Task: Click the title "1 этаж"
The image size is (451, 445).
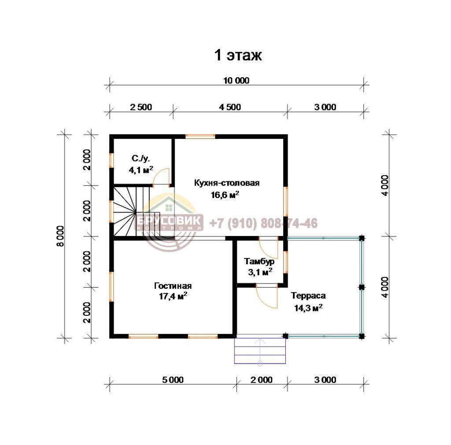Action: [x=238, y=55]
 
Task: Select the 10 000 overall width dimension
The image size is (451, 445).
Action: [x=237, y=81]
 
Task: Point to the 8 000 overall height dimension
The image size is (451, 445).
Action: [x=60, y=236]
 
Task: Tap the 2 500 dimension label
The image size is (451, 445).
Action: [x=141, y=107]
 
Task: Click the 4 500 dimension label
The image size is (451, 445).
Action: [x=230, y=107]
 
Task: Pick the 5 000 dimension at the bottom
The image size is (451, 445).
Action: [x=173, y=380]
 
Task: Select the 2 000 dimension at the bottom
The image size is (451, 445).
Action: [x=262, y=380]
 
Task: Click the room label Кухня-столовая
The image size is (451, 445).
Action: [x=227, y=183]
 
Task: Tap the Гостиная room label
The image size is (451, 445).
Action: [x=173, y=286]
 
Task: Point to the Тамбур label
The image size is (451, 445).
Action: [x=259, y=261]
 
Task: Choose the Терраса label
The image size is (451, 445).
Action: [x=308, y=295]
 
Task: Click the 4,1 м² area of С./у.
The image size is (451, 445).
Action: [x=141, y=170]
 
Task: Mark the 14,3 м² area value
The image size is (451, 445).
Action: [x=308, y=307]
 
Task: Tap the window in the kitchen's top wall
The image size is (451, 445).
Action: [x=200, y=136]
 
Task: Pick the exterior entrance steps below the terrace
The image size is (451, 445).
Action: [x=260, y=351]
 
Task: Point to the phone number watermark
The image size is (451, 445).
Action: [x=263, y=223]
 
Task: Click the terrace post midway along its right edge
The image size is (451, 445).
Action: [x=362, y=287]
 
